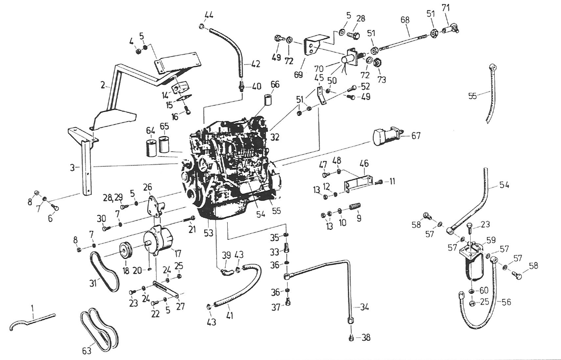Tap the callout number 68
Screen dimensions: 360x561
pos(405,21)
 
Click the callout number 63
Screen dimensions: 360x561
pos(86,351)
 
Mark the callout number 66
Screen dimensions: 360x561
pos(274,84)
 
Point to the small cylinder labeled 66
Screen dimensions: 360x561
pos(268,100)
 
